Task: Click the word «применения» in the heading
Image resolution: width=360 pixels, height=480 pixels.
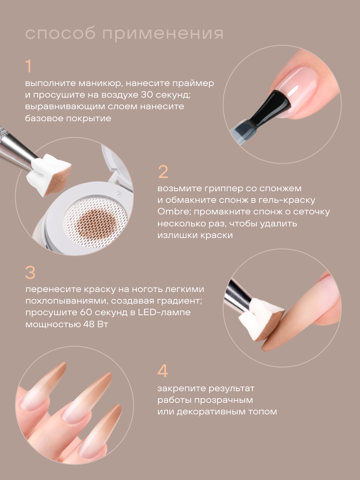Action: [163, 34]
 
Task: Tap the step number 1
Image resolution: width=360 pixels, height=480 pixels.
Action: [29, 66]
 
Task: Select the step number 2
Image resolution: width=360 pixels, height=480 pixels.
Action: [163, 172]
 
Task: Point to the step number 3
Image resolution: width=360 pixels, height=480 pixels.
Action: [30, 272]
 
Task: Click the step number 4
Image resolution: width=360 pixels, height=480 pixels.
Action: [163, 371]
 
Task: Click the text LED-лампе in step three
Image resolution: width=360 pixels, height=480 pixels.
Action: [164, 312]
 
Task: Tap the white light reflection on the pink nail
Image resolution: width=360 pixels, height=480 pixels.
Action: [293, 90]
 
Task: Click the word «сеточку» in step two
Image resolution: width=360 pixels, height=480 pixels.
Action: [312, 212]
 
